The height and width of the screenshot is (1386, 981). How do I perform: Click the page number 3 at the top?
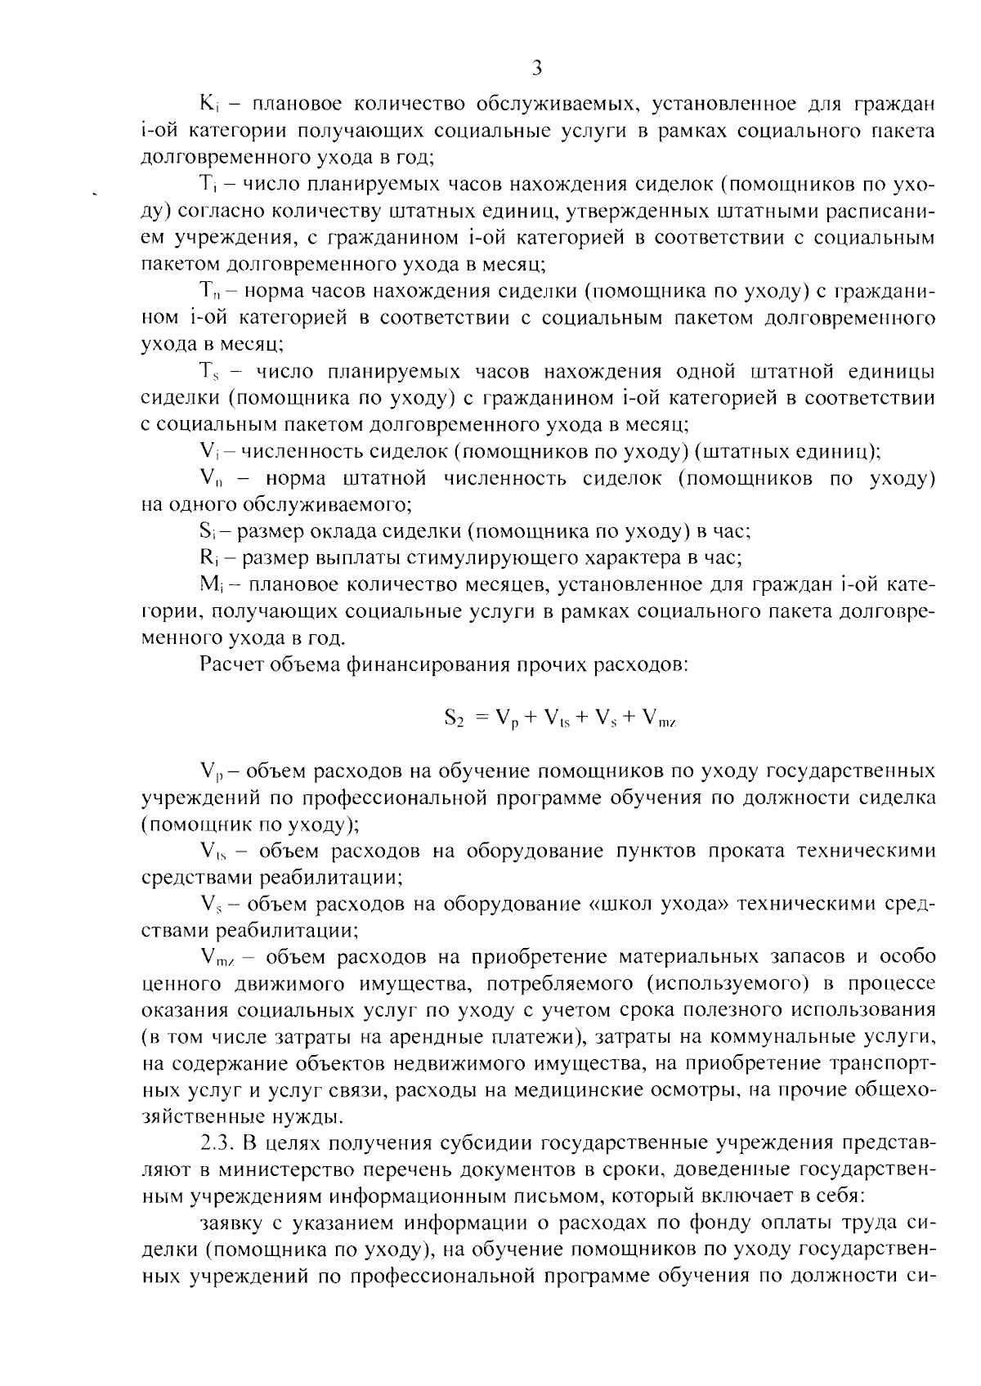pyautogui.click(x=537, y=68)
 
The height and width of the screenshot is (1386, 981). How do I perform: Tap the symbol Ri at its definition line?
pyautogui.click(x=206, y=558)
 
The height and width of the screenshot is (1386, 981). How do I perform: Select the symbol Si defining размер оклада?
pyautogui.click(x=206, y=531)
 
